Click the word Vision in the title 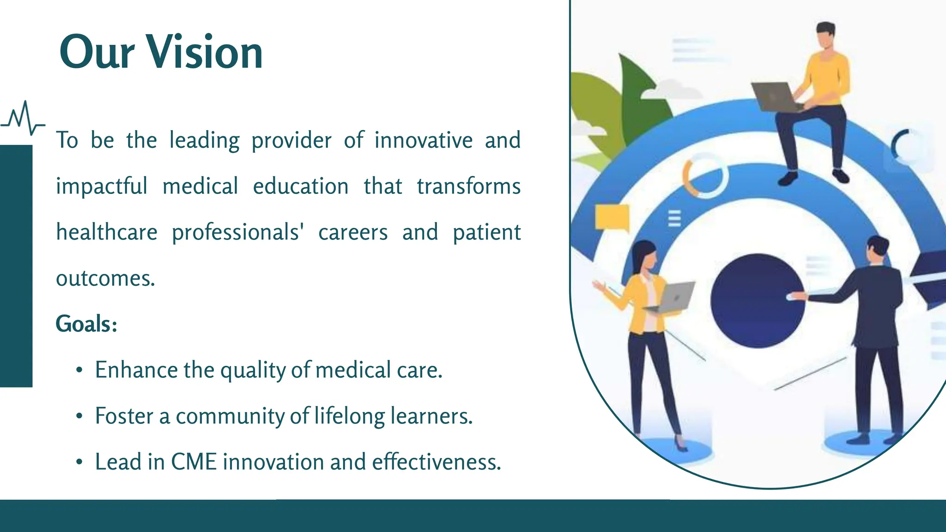pyautogui.click(x=205, y=52)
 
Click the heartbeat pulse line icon pyautogui.click(x=22, y=119)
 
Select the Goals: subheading pyautogui.click(x=86, y=324)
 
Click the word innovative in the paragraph pyautogui.click(x=423, y=140)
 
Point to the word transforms pyautogui.click(x=468, y=187)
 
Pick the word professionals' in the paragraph pyautogui.click(x=237, y=232)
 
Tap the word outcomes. pyautogui.click(x=105, y=278)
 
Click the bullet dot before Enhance pyautogui.click(x=79, y=370)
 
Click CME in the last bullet pyautogui.click(x=194, y=462)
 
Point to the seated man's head pyautogui.click(x=825, y=35)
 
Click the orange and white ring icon pyautogui.click(x=704, y=176)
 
